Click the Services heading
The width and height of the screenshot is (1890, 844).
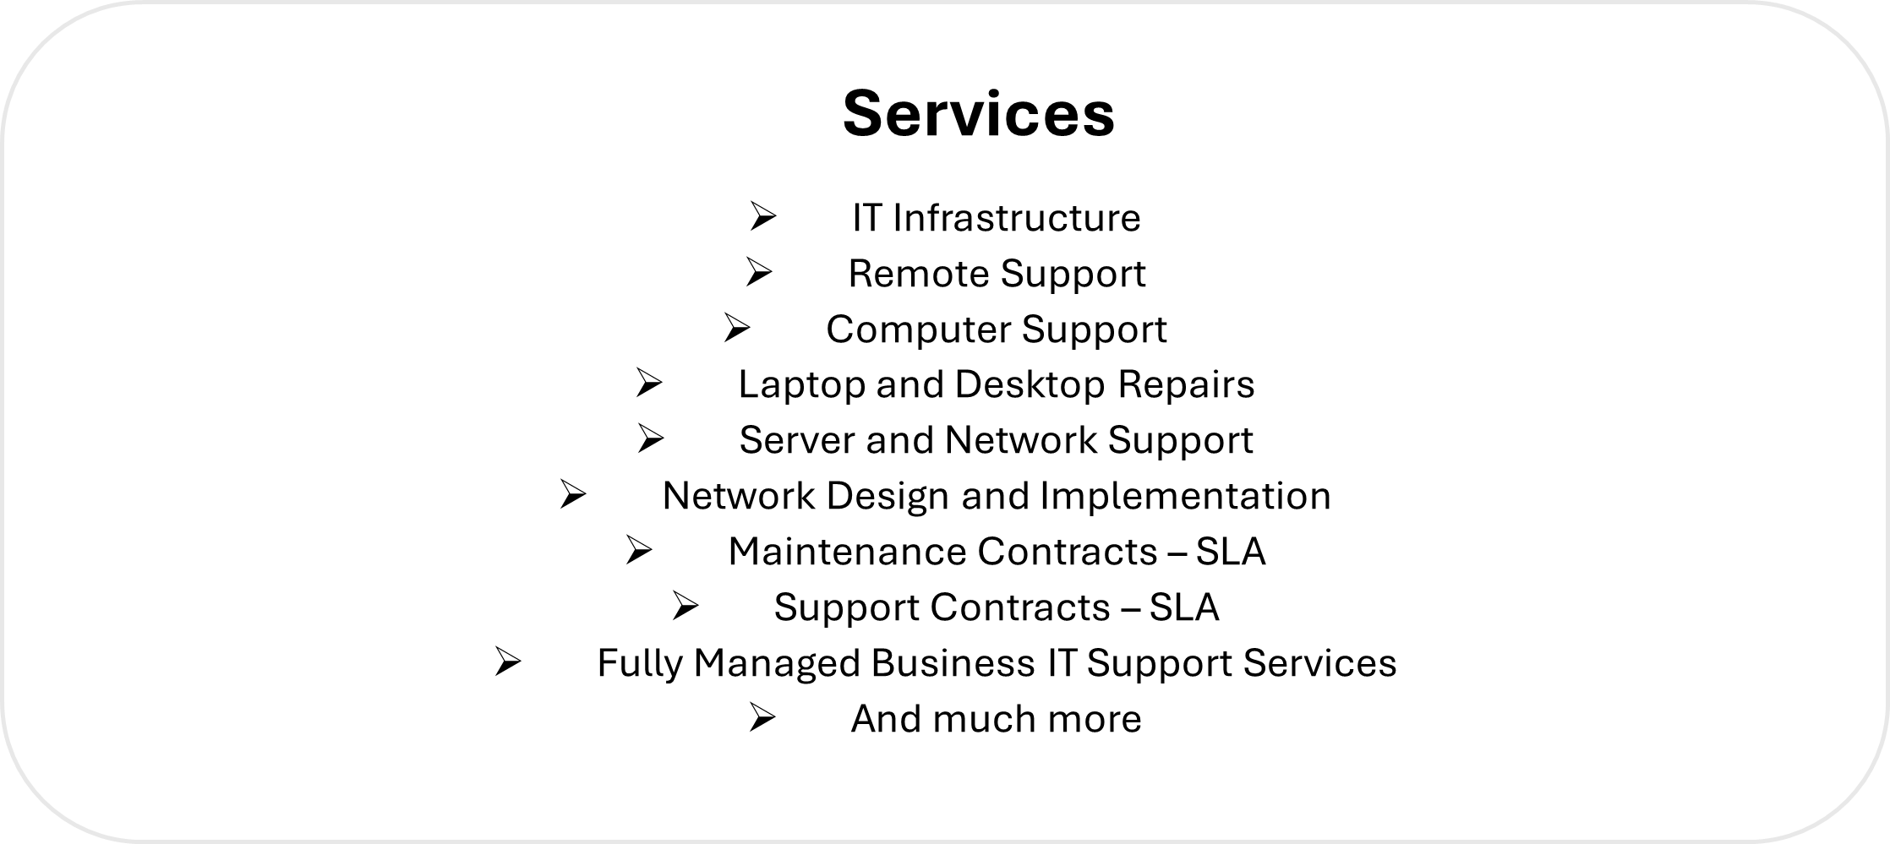979,113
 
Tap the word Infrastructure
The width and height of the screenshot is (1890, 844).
1017,218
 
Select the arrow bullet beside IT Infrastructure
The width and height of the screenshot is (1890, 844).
762,216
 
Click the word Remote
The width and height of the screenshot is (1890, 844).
918,274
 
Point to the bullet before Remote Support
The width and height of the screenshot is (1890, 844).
759,272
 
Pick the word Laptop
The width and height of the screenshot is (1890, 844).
801,385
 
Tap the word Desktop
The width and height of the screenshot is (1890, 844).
1030,385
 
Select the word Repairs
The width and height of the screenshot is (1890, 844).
1187,385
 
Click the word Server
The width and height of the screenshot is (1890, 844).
797,440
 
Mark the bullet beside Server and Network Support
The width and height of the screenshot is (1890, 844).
650,438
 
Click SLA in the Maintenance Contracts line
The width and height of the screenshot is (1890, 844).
1231,552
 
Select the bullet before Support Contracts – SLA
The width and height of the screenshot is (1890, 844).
686,606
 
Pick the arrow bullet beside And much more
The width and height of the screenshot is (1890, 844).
762,717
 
